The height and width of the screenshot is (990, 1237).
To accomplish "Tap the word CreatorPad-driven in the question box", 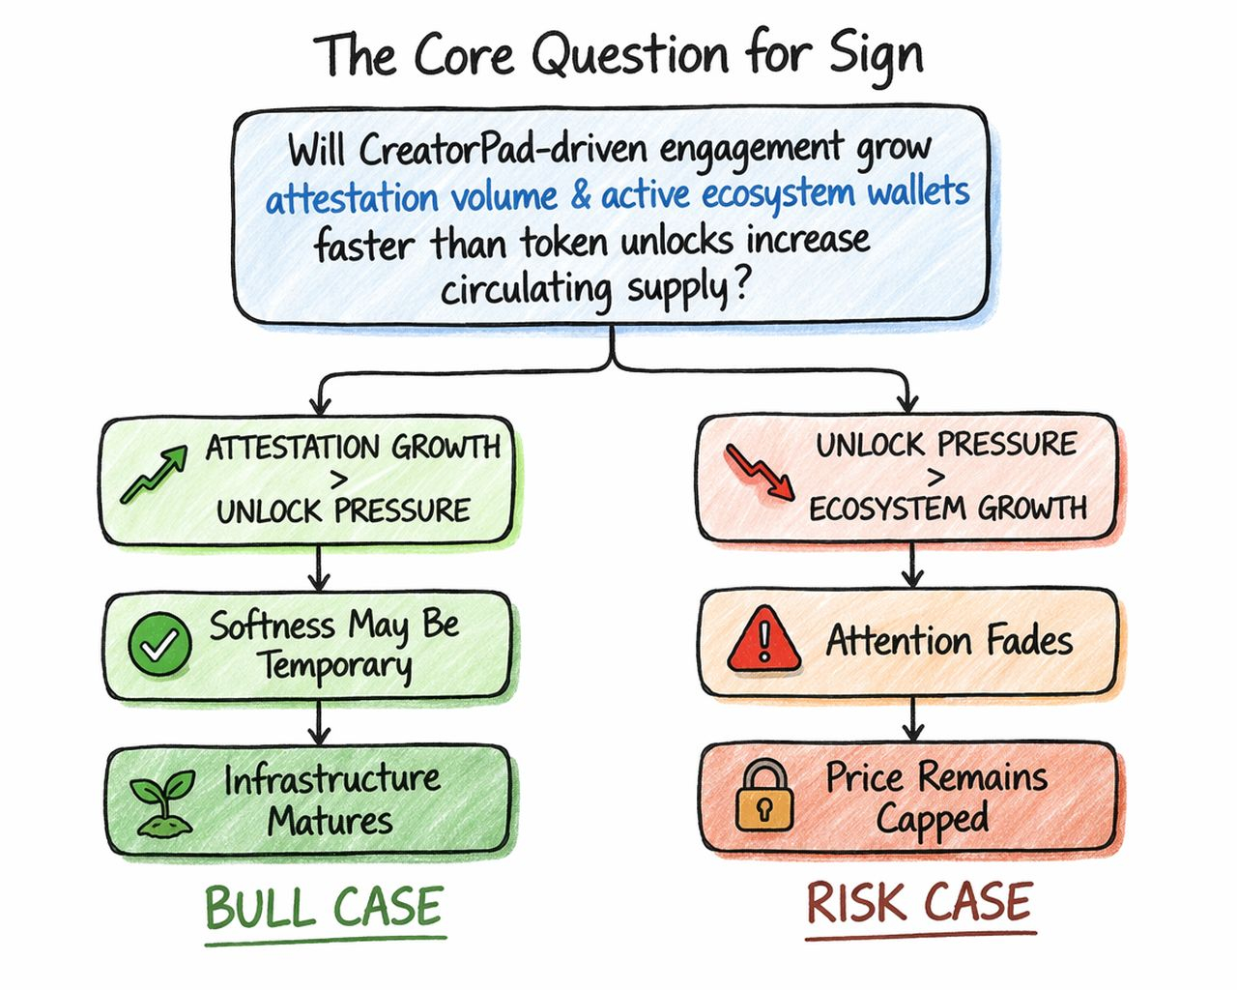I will coord(504,150).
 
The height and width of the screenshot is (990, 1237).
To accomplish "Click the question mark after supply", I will coord(741,287).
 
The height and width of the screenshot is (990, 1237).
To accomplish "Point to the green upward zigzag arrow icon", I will coord(154,475).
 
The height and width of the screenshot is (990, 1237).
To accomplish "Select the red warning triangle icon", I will coord(764,640).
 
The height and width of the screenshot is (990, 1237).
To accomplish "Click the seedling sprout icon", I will coord(163,802).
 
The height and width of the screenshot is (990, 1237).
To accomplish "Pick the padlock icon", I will coord(763,796).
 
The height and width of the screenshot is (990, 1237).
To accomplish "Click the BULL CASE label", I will coord(324,908).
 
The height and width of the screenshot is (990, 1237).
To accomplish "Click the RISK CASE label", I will coord(919,903).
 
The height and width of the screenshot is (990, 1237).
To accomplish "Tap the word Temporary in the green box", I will coord(334,666).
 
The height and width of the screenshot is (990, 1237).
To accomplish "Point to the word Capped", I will coord(933,820).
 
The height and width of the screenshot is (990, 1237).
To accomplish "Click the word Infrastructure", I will coord(331,779).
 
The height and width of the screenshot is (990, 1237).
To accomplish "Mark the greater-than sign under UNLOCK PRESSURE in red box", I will coord(935,476).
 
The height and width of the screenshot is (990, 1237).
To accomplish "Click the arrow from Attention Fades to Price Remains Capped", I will coord(912,719).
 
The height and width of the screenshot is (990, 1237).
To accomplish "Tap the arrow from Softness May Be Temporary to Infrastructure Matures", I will coord(319,721).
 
